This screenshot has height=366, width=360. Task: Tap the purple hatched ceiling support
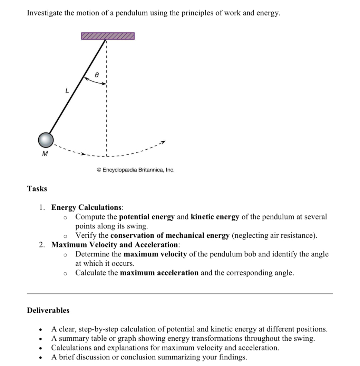coord(108,36)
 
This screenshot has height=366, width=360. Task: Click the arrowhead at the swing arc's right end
coord(164,142)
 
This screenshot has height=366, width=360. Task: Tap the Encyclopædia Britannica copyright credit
coord(136,170)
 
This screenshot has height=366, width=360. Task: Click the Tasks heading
coord(37,189)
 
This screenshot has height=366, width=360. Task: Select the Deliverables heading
coord(48,310)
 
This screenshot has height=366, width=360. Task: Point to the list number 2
coord(41,245)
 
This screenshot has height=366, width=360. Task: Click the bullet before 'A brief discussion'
coord(41,357)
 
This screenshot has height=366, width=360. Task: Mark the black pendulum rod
coord(78,86)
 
